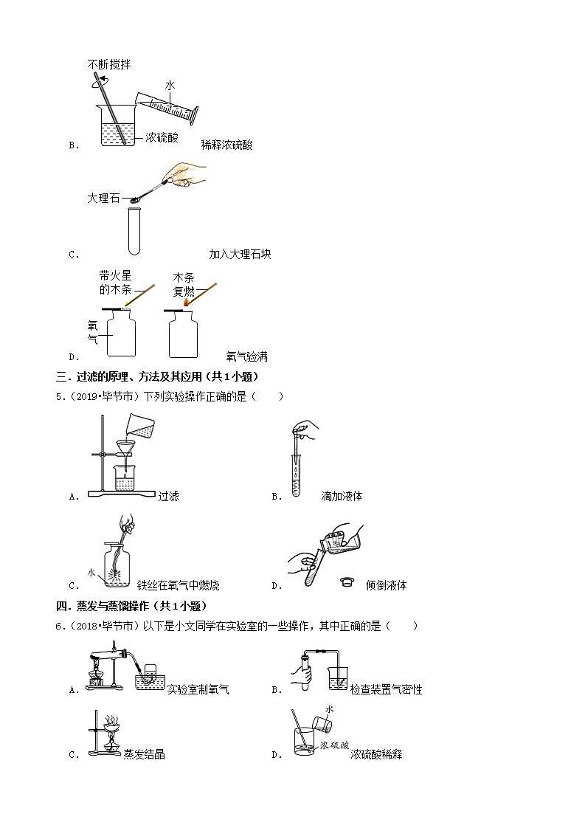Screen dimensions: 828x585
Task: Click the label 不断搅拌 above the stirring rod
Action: (x=109, y=65)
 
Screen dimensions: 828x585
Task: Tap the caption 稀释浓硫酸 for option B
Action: (x=226, y=145)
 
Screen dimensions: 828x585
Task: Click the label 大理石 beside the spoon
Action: (x=103, y=199)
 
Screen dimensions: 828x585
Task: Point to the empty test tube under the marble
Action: (x=135, y=230)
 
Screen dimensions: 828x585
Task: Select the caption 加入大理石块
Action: (x=240, y=255)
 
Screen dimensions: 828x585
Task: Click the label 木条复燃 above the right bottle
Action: (x=183, y=284)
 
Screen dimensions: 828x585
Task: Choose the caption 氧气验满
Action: (x=246, y=357)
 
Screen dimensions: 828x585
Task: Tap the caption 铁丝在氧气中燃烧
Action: (x=178, y=586)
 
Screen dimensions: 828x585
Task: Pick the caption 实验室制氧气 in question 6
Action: (x=198, y=690)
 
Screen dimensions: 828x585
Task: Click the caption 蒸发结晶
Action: (x=144, y=754)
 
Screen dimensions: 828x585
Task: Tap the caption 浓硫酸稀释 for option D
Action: (x=376, y=755)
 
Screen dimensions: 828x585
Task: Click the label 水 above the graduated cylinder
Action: (x=170, y=86)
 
